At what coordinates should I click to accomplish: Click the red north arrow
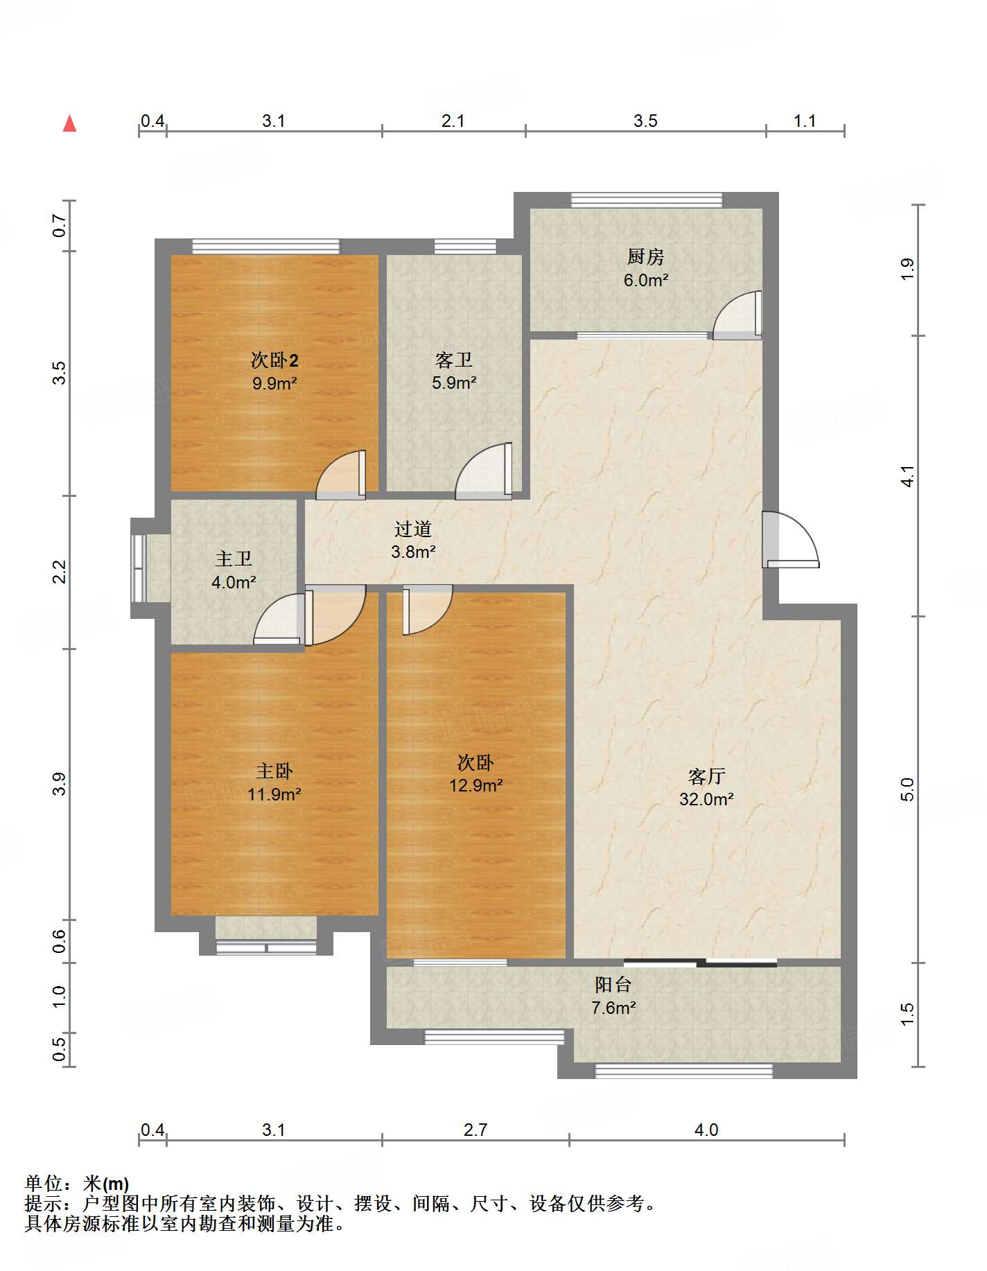coord(69,123)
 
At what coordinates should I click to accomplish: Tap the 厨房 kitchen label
coord(645,257)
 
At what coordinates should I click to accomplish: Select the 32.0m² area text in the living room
coord(706,799)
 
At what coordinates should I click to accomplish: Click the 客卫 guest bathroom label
coord(454,360)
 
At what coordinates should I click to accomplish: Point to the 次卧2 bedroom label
coord(274,360)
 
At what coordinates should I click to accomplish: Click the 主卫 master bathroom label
coord(234,559)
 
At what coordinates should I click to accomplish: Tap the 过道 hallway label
coord(413,529)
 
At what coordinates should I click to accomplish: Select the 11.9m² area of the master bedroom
coord(274,794)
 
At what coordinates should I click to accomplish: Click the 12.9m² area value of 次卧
coord(475,785)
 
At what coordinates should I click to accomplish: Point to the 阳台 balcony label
coord(613,985)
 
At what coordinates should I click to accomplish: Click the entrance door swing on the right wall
coord(790,539)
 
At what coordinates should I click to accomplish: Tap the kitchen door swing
coord(737,315)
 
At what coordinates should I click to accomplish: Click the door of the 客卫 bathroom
coord(484,471)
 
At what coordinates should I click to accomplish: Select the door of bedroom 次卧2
coord(341,475)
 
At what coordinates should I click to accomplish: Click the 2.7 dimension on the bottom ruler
coord(475,1130)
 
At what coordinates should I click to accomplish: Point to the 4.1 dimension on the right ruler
coord(907,476)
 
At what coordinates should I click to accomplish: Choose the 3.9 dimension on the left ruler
coord(59,784)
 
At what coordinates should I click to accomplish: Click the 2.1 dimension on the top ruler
coord(453,121)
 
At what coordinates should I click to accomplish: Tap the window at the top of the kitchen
coord(647,200)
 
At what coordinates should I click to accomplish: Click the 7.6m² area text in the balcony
coord(613,1008)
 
